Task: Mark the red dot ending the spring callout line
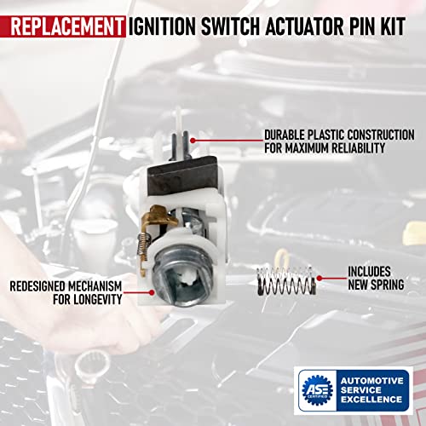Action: point(315,277)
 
